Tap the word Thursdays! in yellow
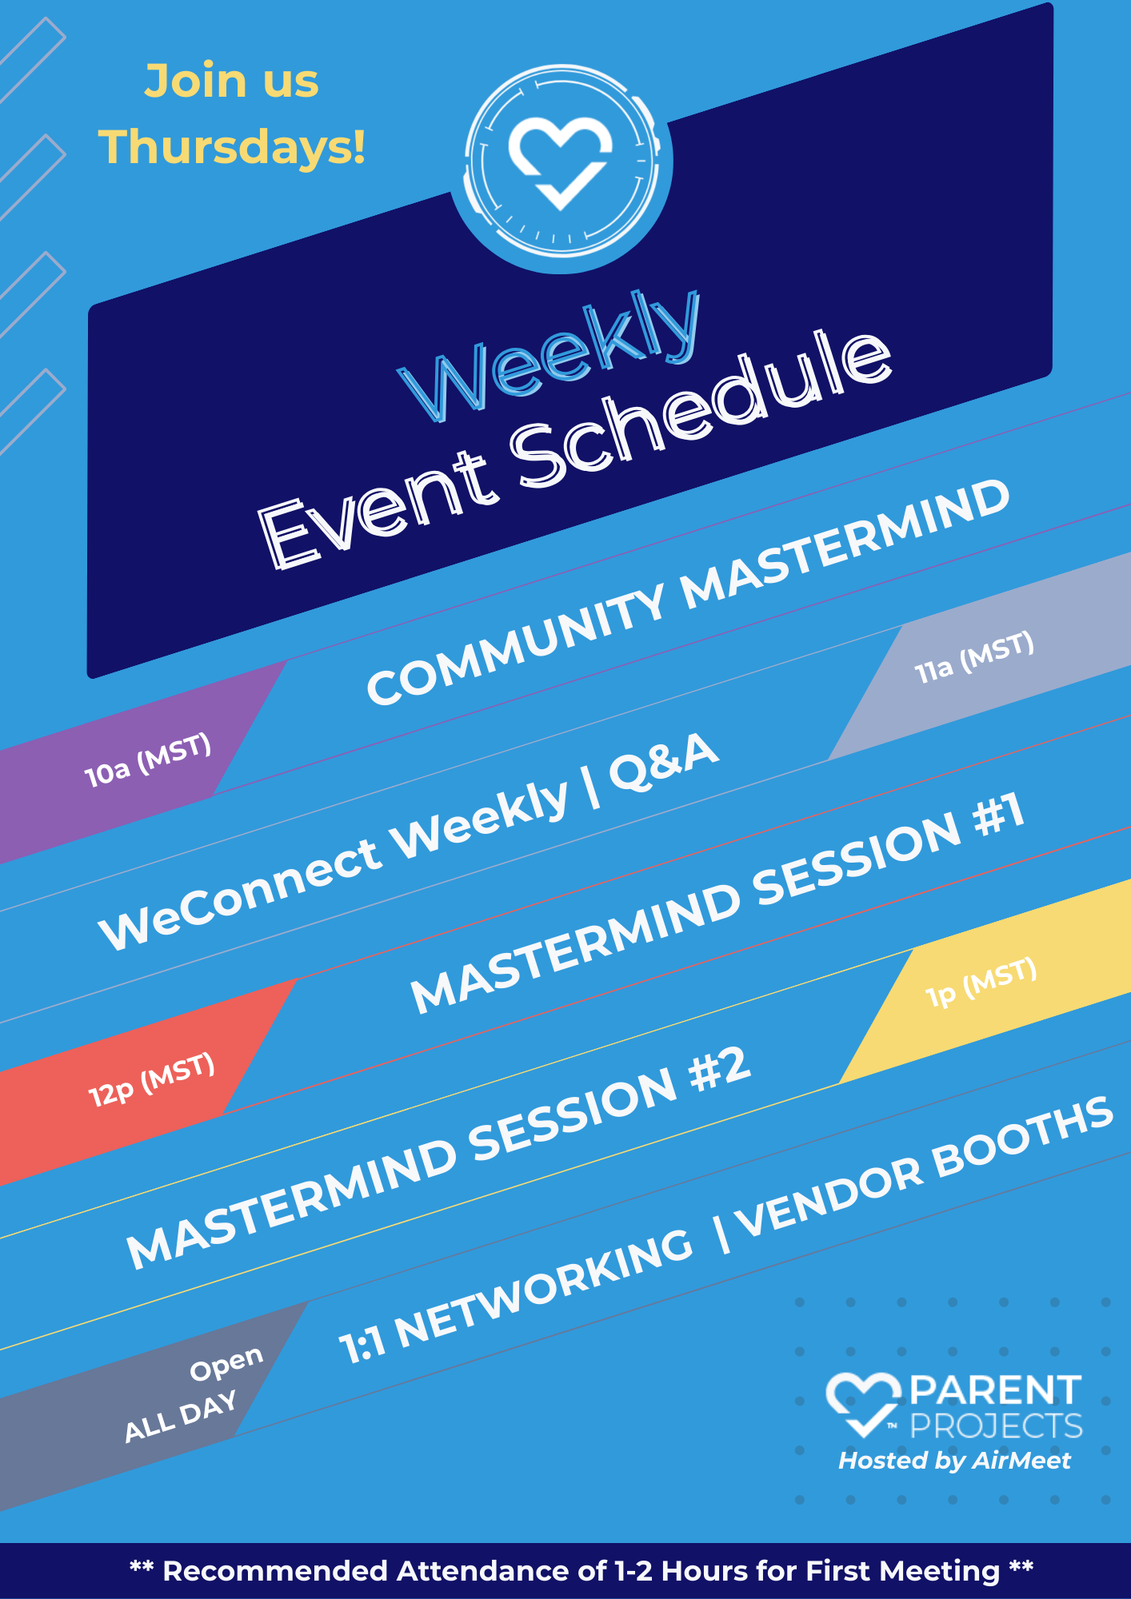[232, 147]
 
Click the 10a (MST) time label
[148, 760]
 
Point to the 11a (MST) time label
[975, 657]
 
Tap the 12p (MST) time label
[152, 1080]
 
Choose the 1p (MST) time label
[981, 983]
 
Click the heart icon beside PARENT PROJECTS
[863, 1404]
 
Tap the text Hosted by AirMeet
[954, 1461]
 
